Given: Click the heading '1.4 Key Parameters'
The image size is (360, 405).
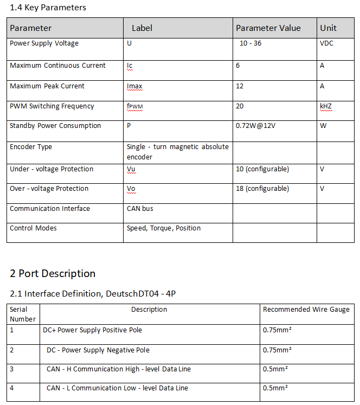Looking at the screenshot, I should coord(48,8).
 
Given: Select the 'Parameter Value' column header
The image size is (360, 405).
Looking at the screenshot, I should coord(268,28).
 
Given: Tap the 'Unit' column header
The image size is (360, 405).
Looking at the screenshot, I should coord(328,28).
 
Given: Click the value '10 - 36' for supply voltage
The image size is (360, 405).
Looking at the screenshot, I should coord(250,43).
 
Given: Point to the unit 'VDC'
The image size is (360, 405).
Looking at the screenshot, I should coord(326,43).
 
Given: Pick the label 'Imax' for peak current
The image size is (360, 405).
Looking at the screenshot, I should coord(134,86).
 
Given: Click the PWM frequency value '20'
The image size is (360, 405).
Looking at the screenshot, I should coord(240,106).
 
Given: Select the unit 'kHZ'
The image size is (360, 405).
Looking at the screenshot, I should coord(326,106).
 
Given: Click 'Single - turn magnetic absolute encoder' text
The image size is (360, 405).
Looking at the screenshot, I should coord(177,152).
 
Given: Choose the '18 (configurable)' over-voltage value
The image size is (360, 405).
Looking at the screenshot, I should coord(262,189).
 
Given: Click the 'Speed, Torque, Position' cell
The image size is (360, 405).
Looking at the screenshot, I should coord(164,228).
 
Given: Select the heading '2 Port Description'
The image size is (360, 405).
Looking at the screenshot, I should coord(53,273).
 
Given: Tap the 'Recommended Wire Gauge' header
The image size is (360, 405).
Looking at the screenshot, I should coord(306,310).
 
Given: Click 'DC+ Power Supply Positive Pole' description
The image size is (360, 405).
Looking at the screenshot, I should coord(92,330).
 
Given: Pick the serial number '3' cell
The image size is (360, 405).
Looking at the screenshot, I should coord(12,369).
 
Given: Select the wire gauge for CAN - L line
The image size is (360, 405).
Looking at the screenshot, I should coord(275,388).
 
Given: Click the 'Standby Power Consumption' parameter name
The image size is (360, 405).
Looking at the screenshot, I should coord(55,126).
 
